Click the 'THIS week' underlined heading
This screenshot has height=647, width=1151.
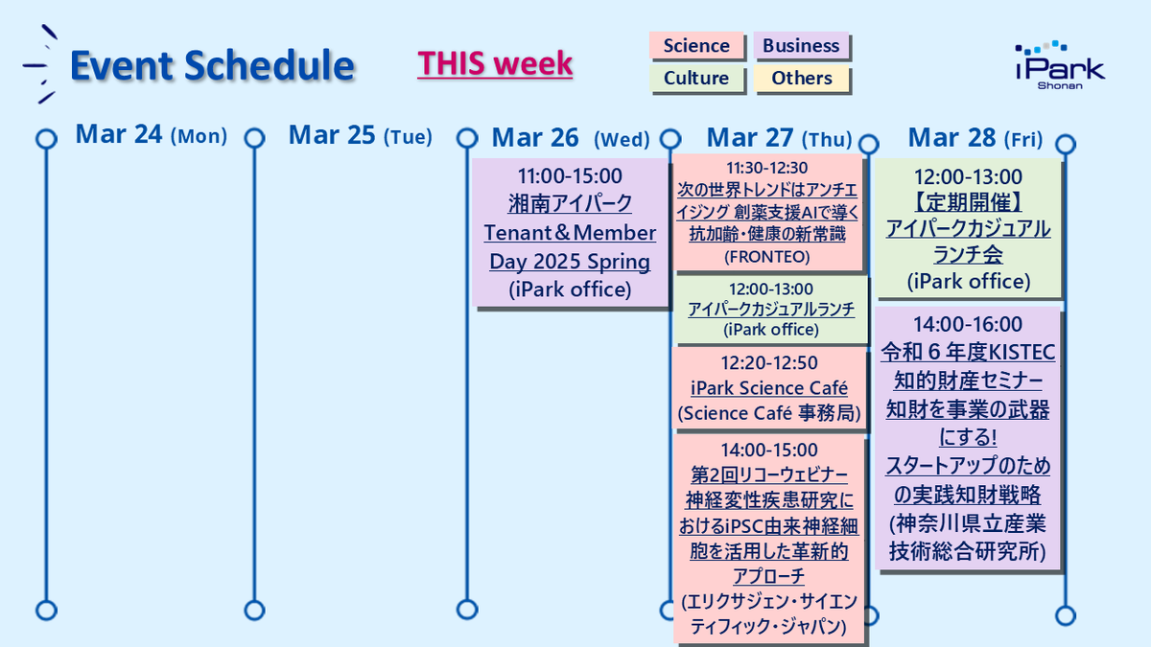coord(495,64)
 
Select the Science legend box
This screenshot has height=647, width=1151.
coord(696,46)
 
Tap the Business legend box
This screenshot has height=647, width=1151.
coord(801,46)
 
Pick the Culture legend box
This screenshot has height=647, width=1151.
coord(696,79)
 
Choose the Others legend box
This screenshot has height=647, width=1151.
coord(801,79)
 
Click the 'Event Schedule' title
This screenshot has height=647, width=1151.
coord(212,65)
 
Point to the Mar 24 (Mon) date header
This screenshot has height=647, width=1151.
coord(151,136)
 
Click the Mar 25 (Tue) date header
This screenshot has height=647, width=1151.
coord(360,136)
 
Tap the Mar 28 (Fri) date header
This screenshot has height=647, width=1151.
coord(975,138)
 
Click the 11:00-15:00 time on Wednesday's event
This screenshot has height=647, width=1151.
coord(570,176)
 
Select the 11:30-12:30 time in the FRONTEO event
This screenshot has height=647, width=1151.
coord(767,168)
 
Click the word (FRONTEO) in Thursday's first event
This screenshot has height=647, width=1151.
coord(767,257)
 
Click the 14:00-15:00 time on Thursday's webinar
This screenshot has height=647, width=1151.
coord(768,450)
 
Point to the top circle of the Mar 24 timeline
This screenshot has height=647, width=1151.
coord(45,139)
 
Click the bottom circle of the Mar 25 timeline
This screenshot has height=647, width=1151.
coord(254,610)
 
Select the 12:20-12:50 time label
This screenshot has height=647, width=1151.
coord(767,362)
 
